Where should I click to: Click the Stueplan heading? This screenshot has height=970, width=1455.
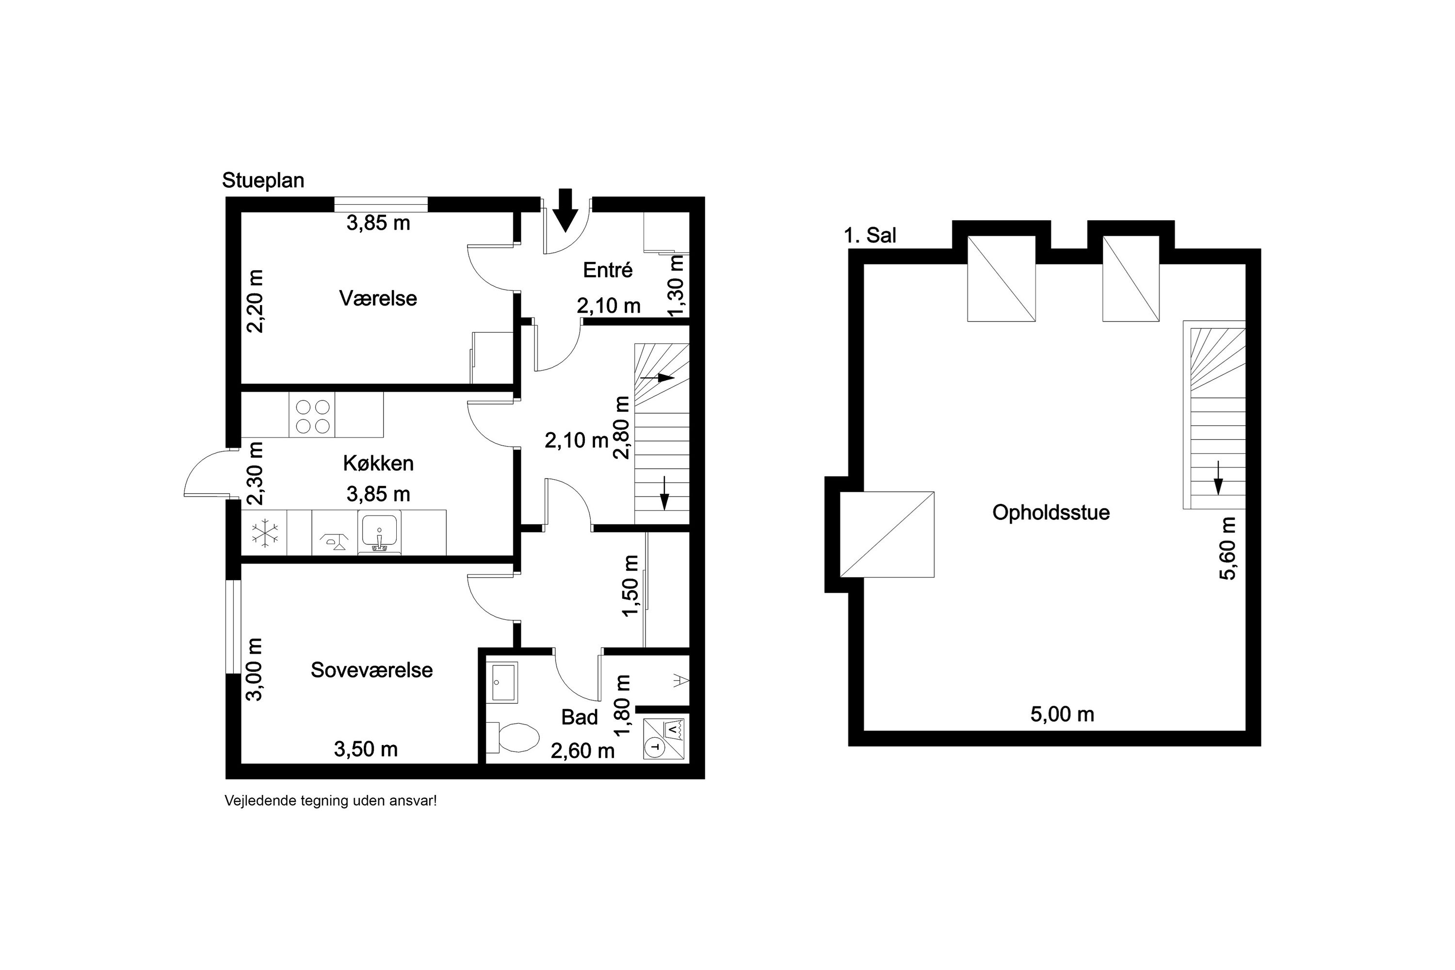263,180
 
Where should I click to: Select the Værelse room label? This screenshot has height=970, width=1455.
378,298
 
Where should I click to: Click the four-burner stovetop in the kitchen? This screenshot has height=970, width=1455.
312,415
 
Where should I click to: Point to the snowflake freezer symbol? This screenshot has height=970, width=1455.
265,533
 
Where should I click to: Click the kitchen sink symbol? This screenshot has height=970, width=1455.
379,532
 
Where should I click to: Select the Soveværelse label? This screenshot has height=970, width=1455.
371,670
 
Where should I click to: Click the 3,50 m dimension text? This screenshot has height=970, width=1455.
366,749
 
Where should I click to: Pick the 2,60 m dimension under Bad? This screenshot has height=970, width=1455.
583,750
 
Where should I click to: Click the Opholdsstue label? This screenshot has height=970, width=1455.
1051,513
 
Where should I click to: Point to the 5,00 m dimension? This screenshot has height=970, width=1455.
1062,714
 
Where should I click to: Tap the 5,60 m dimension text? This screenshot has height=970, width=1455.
1228,548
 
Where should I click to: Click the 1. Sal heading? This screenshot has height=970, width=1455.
870,236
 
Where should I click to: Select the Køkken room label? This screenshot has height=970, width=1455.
378,463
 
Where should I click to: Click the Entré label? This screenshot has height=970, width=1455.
608,270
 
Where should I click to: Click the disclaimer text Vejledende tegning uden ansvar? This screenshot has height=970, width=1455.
330,801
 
